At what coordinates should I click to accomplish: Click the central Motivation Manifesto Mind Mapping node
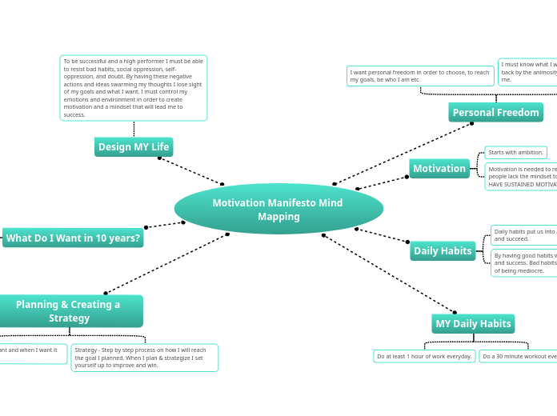click(278, 209)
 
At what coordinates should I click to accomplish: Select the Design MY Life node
click(134, 147)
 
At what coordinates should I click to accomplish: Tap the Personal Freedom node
click(495, 113)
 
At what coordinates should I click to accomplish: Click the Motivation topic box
click(439, 169)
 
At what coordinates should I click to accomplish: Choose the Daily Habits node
click(443, 251)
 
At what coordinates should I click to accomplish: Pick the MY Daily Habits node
click(473, 324)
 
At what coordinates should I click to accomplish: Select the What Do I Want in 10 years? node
click(73, 238)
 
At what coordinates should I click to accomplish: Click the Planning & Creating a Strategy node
click(69, 310)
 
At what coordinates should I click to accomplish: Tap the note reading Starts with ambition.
click(515, 152)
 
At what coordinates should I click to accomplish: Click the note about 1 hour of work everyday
click(424, 356)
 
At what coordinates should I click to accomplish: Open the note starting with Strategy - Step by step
click(144, 358)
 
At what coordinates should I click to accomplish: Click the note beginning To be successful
click(134, 88)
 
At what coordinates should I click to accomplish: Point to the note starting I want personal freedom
click(420, 76)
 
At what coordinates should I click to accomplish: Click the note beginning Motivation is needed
click(521, 177)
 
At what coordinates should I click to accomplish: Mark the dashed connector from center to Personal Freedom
click(403, 154)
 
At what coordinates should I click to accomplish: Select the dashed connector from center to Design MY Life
click(191, 170)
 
